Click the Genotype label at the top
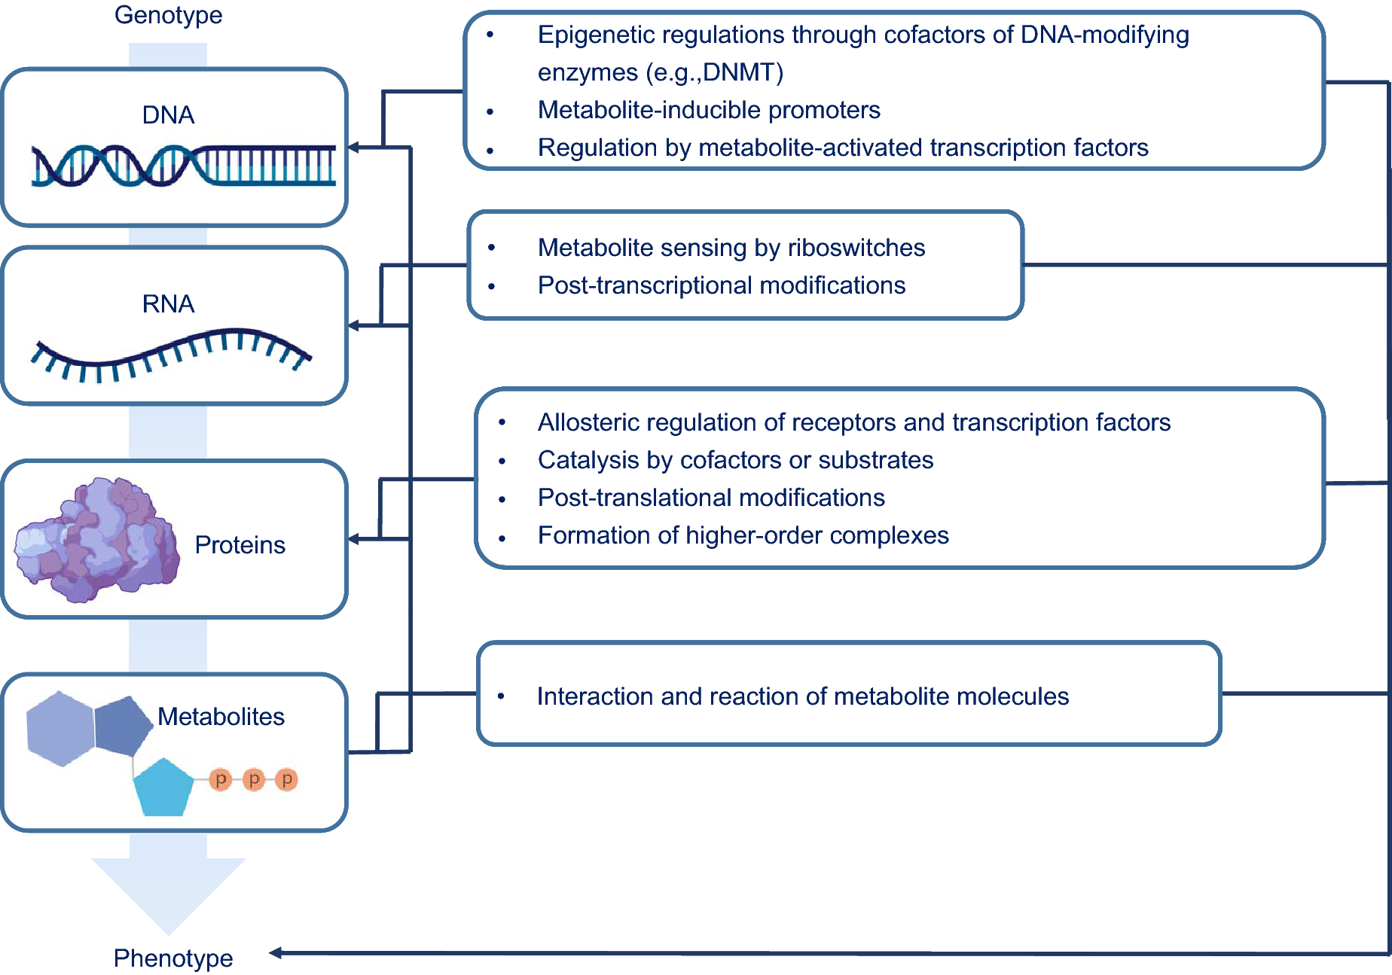tap(168, 15)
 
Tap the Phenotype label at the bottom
tap(172, 958)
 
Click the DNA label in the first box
tap(168, 115)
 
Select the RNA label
tap(168, 304)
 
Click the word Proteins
tap(240, 545)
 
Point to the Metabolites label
tap(221, 717)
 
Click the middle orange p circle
tap(254, 779)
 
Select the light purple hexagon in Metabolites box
tap(60, 729)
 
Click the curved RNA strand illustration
tap(169, 354)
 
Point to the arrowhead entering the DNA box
tap(353, 148)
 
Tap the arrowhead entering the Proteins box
tap(353, 539)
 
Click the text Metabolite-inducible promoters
tap(708, 111)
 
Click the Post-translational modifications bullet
tap(710, 498)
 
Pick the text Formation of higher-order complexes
tap(743, 535)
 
